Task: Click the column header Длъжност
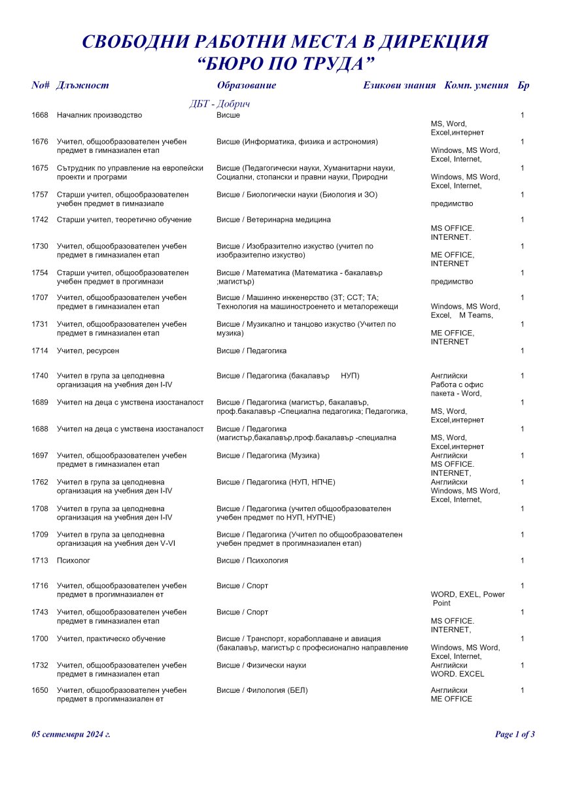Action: click(x=82, y=86)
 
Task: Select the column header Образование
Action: click(x=246, y=86)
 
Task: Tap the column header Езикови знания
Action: click(x=399, y=86)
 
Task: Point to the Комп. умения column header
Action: click(x=476, y=86)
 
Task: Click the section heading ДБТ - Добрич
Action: click(x=220, y=104)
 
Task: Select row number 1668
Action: click(x=40, y=116)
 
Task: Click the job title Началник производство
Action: click(x=99, y=116)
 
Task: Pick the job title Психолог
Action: click(x=73, y=561)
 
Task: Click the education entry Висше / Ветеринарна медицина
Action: click(x=273, y=220)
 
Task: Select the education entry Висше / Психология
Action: click(x=252, y=561)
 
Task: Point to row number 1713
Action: click(x=40, y=561)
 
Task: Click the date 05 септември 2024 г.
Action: click(x=71, y=734)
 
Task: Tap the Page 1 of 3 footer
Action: click(x=515, y=734)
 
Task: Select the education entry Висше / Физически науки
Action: click(x=261, y=665)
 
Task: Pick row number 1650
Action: click(x=40, y=690)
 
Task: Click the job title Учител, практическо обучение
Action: click(x=111, y=639)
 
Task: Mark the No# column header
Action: click(x=41, y=86)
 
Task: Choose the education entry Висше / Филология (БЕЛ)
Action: click(x=262, y=690)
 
